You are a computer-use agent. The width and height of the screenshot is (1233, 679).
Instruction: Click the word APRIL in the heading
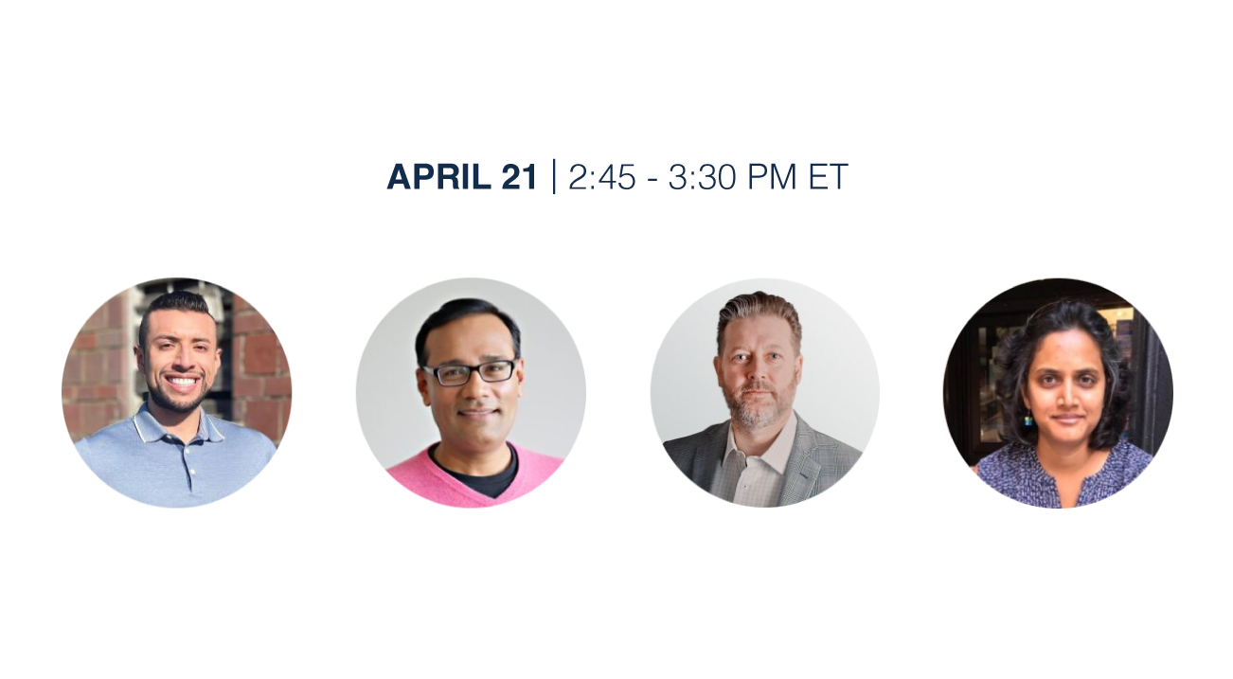438,177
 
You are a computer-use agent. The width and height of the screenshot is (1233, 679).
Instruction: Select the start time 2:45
601,177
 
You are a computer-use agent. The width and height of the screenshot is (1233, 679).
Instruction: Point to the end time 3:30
702,177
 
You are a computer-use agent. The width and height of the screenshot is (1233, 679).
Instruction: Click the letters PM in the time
771,177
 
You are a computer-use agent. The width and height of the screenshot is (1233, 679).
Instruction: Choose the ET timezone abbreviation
828,177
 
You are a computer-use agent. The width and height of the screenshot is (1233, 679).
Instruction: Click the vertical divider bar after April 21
554,177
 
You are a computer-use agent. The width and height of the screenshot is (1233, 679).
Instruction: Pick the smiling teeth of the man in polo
181,382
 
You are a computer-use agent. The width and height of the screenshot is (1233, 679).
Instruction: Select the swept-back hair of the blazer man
759,313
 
